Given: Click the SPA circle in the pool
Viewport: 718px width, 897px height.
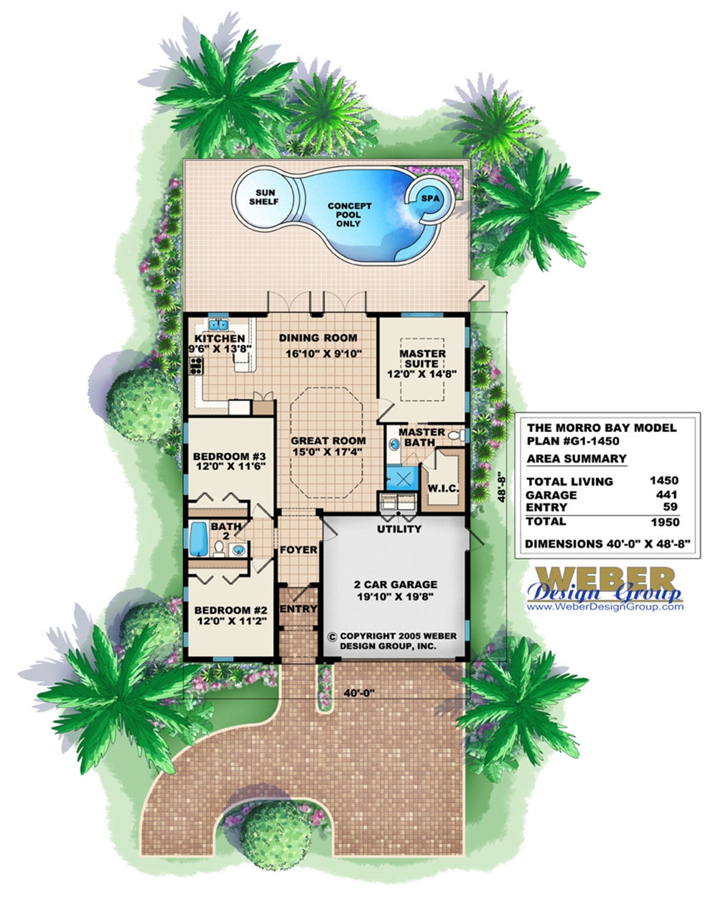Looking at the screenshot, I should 427,196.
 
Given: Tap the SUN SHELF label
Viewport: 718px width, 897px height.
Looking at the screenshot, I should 264,196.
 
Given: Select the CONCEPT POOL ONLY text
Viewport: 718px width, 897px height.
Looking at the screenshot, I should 350,214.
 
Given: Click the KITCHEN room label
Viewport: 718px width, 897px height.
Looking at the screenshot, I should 220,339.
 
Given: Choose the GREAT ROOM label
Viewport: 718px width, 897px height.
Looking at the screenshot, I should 327,441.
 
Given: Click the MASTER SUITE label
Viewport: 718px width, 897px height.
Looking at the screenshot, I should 422,359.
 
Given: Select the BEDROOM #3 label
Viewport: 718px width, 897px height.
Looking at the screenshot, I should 230,456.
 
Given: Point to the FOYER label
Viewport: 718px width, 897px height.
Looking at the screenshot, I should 298,550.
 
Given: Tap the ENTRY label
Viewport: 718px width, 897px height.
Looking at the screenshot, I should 298,609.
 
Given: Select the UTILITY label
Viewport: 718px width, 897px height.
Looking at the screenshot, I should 399,530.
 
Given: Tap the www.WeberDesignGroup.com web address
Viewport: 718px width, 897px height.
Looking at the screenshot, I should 605,607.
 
